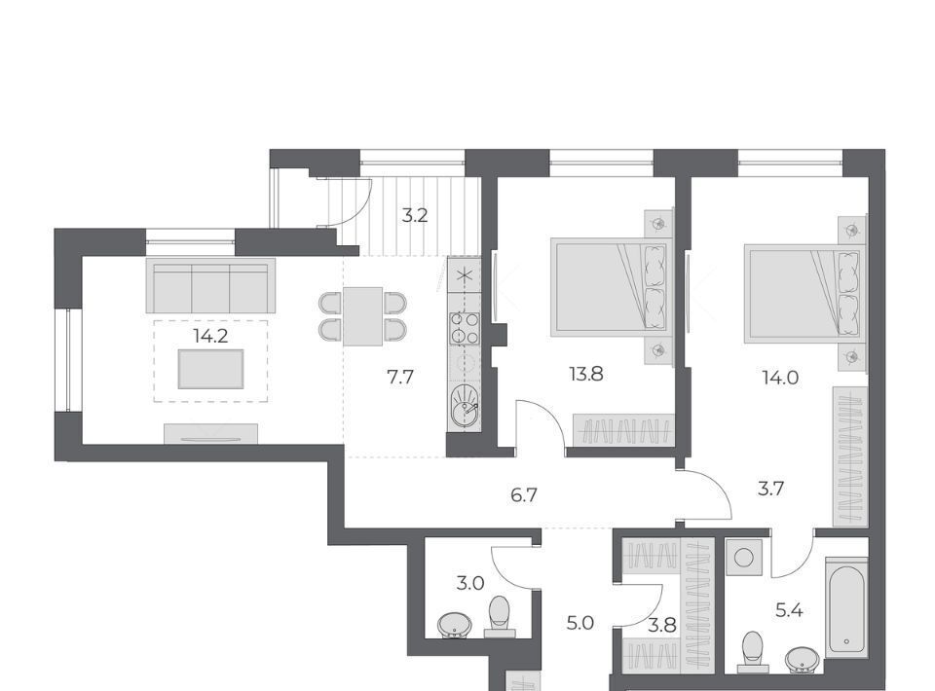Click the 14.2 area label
point(210,337)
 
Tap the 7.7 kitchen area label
point(400,377)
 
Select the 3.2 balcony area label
point(415,215)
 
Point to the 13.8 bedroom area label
point(586,375)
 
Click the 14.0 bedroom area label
point(780,377)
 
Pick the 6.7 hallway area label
point(525,495)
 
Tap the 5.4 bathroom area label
point(789,610)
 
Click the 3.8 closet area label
point(662,625)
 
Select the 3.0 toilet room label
point(470,583)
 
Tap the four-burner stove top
point(465,328)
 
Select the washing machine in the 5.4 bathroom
point(743,558)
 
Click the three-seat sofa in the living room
point(211,285)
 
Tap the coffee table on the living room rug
point(211,369)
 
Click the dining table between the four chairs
point(362,316)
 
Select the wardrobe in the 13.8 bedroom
point(623,429)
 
